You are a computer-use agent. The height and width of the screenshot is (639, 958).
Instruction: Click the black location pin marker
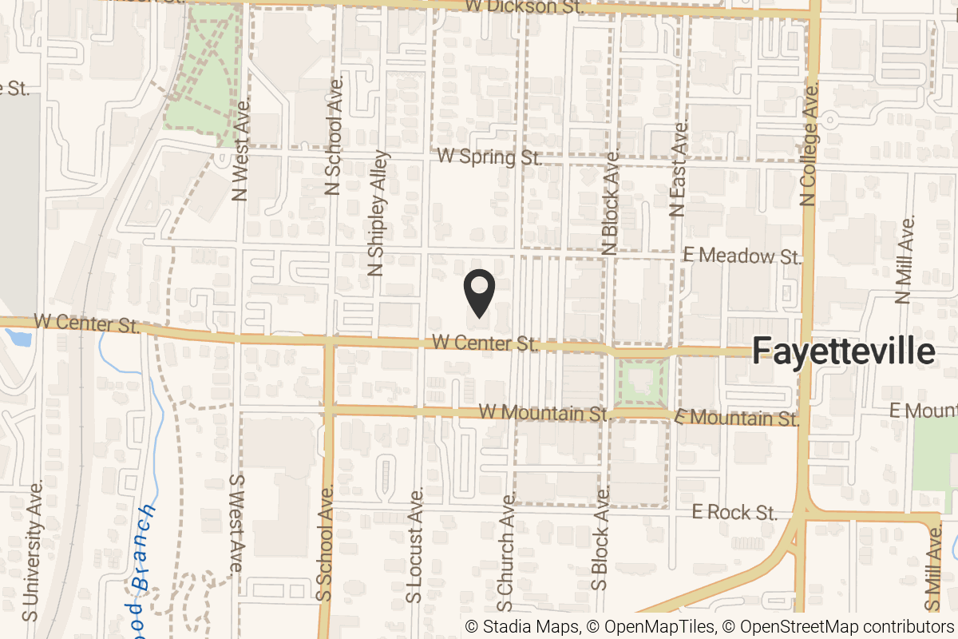(x=479, y=292)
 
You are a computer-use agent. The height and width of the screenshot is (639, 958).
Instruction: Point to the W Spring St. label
(x=489, y=157)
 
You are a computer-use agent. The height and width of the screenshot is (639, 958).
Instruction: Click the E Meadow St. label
(x=742, y=256)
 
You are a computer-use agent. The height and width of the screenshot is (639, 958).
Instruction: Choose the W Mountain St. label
(x=544, y=412)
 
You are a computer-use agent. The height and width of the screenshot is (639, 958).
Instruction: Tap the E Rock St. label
(x=734, y=512)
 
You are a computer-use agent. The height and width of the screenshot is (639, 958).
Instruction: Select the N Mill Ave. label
(x=904, y=260)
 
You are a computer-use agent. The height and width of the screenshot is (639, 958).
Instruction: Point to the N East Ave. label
(x=679, y=170)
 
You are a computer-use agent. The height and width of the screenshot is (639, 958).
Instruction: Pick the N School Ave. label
(x=334, y=136)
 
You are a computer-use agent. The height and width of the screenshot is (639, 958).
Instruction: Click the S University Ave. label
(x=33, y=551)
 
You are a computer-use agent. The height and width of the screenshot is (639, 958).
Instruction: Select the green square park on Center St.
(x=642, y=382)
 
